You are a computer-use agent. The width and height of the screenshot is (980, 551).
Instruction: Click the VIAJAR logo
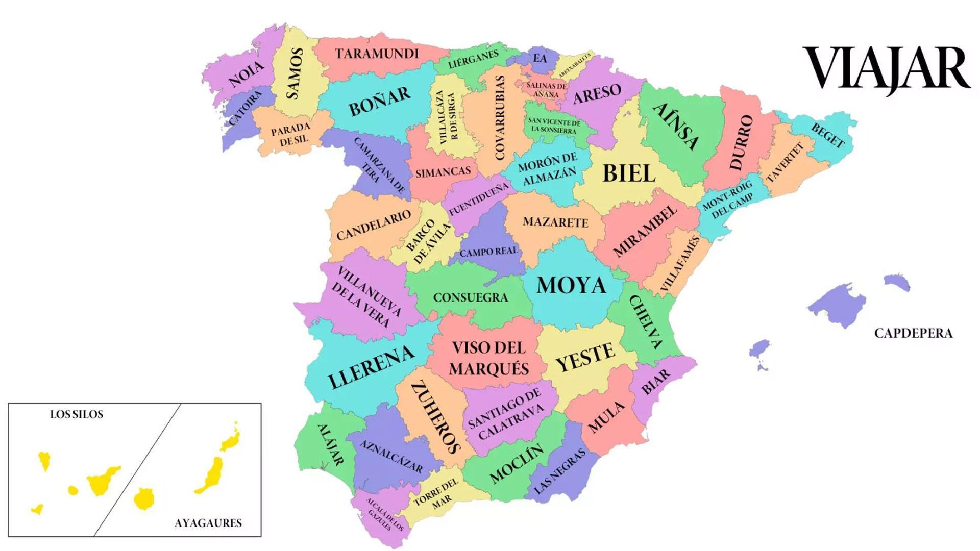[x=886, y=69]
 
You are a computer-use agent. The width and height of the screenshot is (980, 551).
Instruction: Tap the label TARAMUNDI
[x=377, y=54]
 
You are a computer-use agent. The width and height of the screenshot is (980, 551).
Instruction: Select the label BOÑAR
[x=380, y=101]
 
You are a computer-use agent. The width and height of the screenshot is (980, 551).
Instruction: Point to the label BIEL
[x=629, y=173]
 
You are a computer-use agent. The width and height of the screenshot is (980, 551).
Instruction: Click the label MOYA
[x=571, y=286]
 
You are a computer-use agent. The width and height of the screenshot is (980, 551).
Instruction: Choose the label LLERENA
[x=371, y=367]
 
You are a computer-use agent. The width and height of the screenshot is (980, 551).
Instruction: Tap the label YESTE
[x=585, y=358]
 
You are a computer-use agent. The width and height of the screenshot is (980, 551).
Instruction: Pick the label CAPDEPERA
[x=913, y=334]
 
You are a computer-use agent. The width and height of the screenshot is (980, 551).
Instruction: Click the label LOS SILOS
[x=77, y=415]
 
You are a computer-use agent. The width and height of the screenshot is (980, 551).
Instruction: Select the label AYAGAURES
[x=208, y=523]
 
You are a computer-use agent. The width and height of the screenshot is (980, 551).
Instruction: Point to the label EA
[x=540, y=58]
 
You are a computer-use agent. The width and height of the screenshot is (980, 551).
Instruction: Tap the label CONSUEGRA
[x=470, y=297]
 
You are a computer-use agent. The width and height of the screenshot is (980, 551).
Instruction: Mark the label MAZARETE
[x=555, y=222]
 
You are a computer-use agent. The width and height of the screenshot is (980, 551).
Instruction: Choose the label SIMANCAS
[x=443, y=172]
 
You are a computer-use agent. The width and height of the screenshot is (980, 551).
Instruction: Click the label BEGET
[x=827, y=136]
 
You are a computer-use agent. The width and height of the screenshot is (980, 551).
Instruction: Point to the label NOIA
[x=247, y=74]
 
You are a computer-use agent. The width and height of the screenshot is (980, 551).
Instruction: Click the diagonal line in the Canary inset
[x=137, y=469]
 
